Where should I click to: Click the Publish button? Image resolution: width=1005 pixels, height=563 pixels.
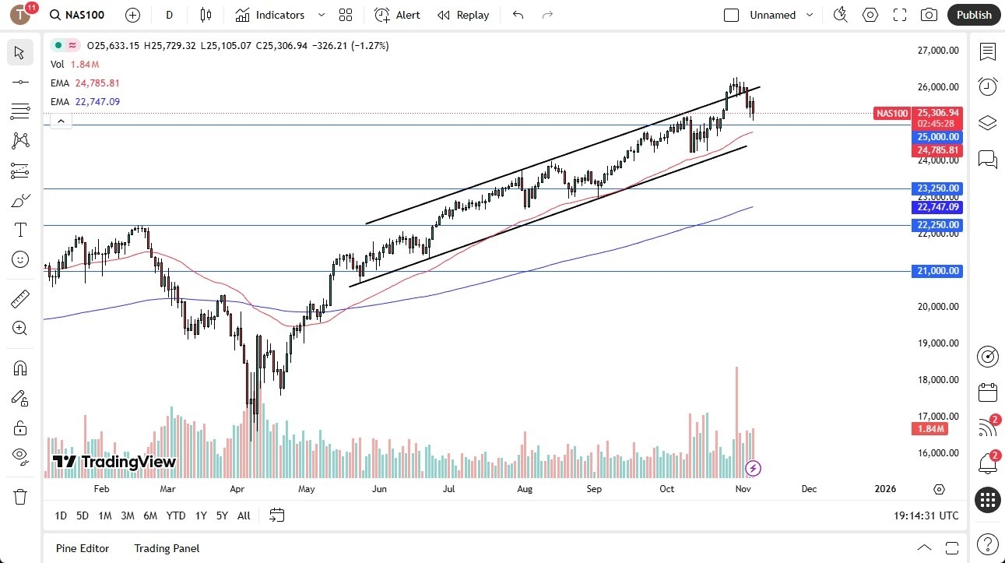tap(973, 15)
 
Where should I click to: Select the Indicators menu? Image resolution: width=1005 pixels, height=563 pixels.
tap(270, 15)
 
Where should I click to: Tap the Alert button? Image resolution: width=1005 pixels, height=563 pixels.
tap(397, 15)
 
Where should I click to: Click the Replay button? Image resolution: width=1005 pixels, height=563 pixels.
tap(463, 15)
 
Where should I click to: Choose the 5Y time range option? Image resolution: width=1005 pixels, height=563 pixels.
tap(222, 515)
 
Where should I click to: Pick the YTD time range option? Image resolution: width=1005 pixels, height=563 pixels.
tap(176, 515)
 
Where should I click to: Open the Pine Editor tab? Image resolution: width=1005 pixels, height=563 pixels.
tap(83, 548)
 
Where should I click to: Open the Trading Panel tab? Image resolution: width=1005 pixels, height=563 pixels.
tap(167, 548)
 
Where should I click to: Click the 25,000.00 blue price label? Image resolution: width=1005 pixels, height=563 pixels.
tap(937, 136)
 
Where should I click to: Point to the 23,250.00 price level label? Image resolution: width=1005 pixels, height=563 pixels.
tap(937, 188)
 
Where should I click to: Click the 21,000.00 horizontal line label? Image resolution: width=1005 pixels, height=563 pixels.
tap(937, 271)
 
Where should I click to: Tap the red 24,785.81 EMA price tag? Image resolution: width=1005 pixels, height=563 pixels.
tap(937, 150)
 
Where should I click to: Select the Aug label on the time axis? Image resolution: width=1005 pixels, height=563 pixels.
tap(525, 489)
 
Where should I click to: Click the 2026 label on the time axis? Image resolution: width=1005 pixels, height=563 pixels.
tap(885, 489)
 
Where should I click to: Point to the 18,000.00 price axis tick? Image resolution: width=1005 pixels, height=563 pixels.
tap(938, 380)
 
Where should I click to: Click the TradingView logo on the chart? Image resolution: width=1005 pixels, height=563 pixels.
tap(114, 462)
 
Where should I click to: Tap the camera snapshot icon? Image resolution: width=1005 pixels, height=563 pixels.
tap(929, 15)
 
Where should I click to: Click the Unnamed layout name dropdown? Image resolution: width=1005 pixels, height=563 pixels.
tap(781, 15)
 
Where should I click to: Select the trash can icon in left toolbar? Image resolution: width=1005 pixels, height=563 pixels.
tap(20, 497)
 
